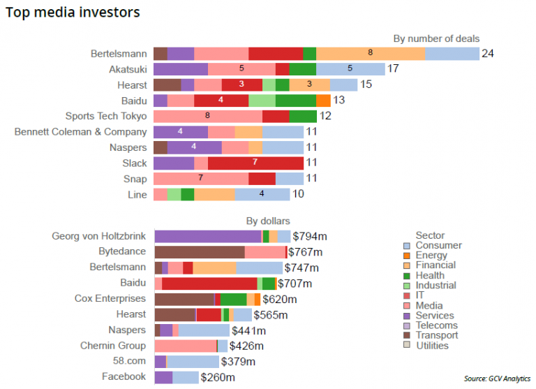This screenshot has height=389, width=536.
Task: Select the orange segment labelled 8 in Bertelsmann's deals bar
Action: (x=371, y=54)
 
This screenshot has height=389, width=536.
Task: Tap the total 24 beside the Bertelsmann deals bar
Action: (x=488, y=54)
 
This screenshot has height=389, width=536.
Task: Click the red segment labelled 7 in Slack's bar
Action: (x=255, y=163)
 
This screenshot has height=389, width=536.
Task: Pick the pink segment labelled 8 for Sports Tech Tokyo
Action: (x=208, y=116)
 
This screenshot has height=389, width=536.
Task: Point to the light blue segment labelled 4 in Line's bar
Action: (x=262, y=194)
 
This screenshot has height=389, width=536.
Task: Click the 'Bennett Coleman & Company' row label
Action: (x=81, y=131)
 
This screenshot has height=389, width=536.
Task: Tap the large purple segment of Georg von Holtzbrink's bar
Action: (x=207, y=236)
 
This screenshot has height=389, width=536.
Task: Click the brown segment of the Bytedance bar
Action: (x=200, y=252)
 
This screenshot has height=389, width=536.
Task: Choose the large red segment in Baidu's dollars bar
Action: (x=209, y=283)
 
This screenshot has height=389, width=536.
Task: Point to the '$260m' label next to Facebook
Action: (x=218, y=377)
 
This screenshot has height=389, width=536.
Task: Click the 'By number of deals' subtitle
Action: (x=436, y=38)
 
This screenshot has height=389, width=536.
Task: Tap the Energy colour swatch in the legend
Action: (x=406, y=256)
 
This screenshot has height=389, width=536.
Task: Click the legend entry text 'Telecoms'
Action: (x=436, y=325)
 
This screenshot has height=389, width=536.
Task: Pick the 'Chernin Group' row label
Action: (x=112, y=346)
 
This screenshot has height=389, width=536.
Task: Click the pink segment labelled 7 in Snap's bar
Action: (x=201, y=178)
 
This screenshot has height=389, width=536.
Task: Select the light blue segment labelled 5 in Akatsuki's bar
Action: (x=350, y=69)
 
